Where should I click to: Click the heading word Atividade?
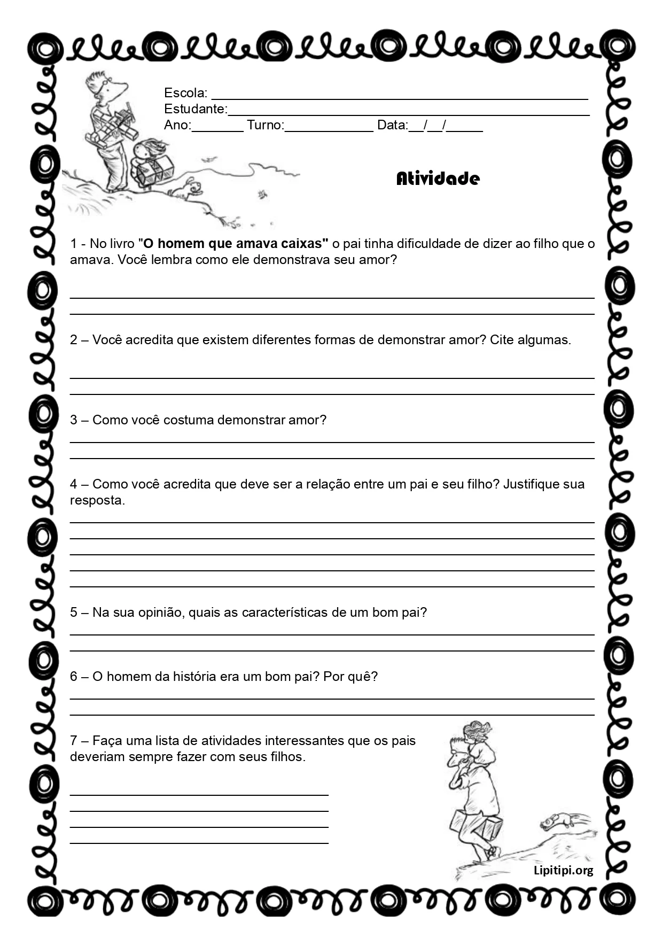[x=438, y=179]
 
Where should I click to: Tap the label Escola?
[x=185, y=93]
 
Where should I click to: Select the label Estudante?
[x=196, y=109]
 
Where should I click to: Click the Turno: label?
[x=265, y=125]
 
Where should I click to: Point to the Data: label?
[x=392, y=125]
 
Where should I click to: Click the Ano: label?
[x=177, y=125]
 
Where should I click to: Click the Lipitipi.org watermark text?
[x=563, y=871]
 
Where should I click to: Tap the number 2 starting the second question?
[x=74, y=340]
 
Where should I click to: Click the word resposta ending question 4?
[x=97, y=500]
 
